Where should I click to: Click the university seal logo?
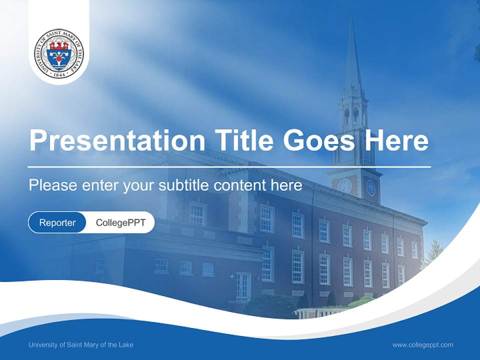coord(59,52)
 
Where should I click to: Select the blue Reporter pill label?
coord(57,222)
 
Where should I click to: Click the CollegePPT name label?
coord(120,222)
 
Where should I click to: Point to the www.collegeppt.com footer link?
coord(422,344)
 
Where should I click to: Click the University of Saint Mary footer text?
coord(81,344)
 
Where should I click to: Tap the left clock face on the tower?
coord(344,186)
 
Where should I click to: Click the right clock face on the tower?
coord(370,187)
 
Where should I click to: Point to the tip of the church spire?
coord(351,14)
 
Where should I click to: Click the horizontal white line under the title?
coord(229,166)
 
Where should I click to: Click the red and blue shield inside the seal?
coord(59,53)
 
